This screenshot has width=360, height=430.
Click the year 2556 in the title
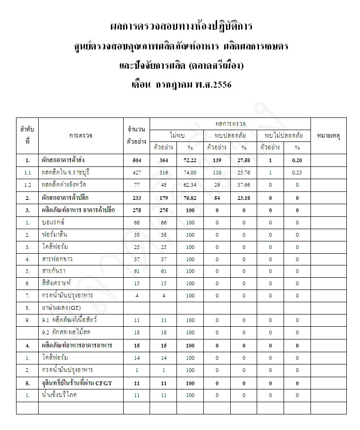coord(218,86)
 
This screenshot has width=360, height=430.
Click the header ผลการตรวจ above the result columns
coord(231,124)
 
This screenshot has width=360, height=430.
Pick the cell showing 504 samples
coord(137,160)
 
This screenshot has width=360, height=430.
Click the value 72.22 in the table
coord(190,160)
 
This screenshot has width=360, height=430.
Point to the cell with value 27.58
coord(243,160)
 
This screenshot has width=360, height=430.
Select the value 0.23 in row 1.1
coord(297,173)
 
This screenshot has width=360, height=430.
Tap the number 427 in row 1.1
coord(137,173)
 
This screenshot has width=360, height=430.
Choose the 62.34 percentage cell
coord(190,185)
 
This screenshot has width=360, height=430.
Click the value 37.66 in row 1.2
coord(243,185)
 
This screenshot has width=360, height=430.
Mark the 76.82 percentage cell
coord(190,197)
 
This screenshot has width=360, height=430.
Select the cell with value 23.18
coord(243,197)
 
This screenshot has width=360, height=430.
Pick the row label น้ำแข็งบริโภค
coord(59,395)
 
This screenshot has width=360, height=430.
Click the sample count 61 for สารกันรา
coord(137,271)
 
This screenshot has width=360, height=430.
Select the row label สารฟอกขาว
coord(57,259)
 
